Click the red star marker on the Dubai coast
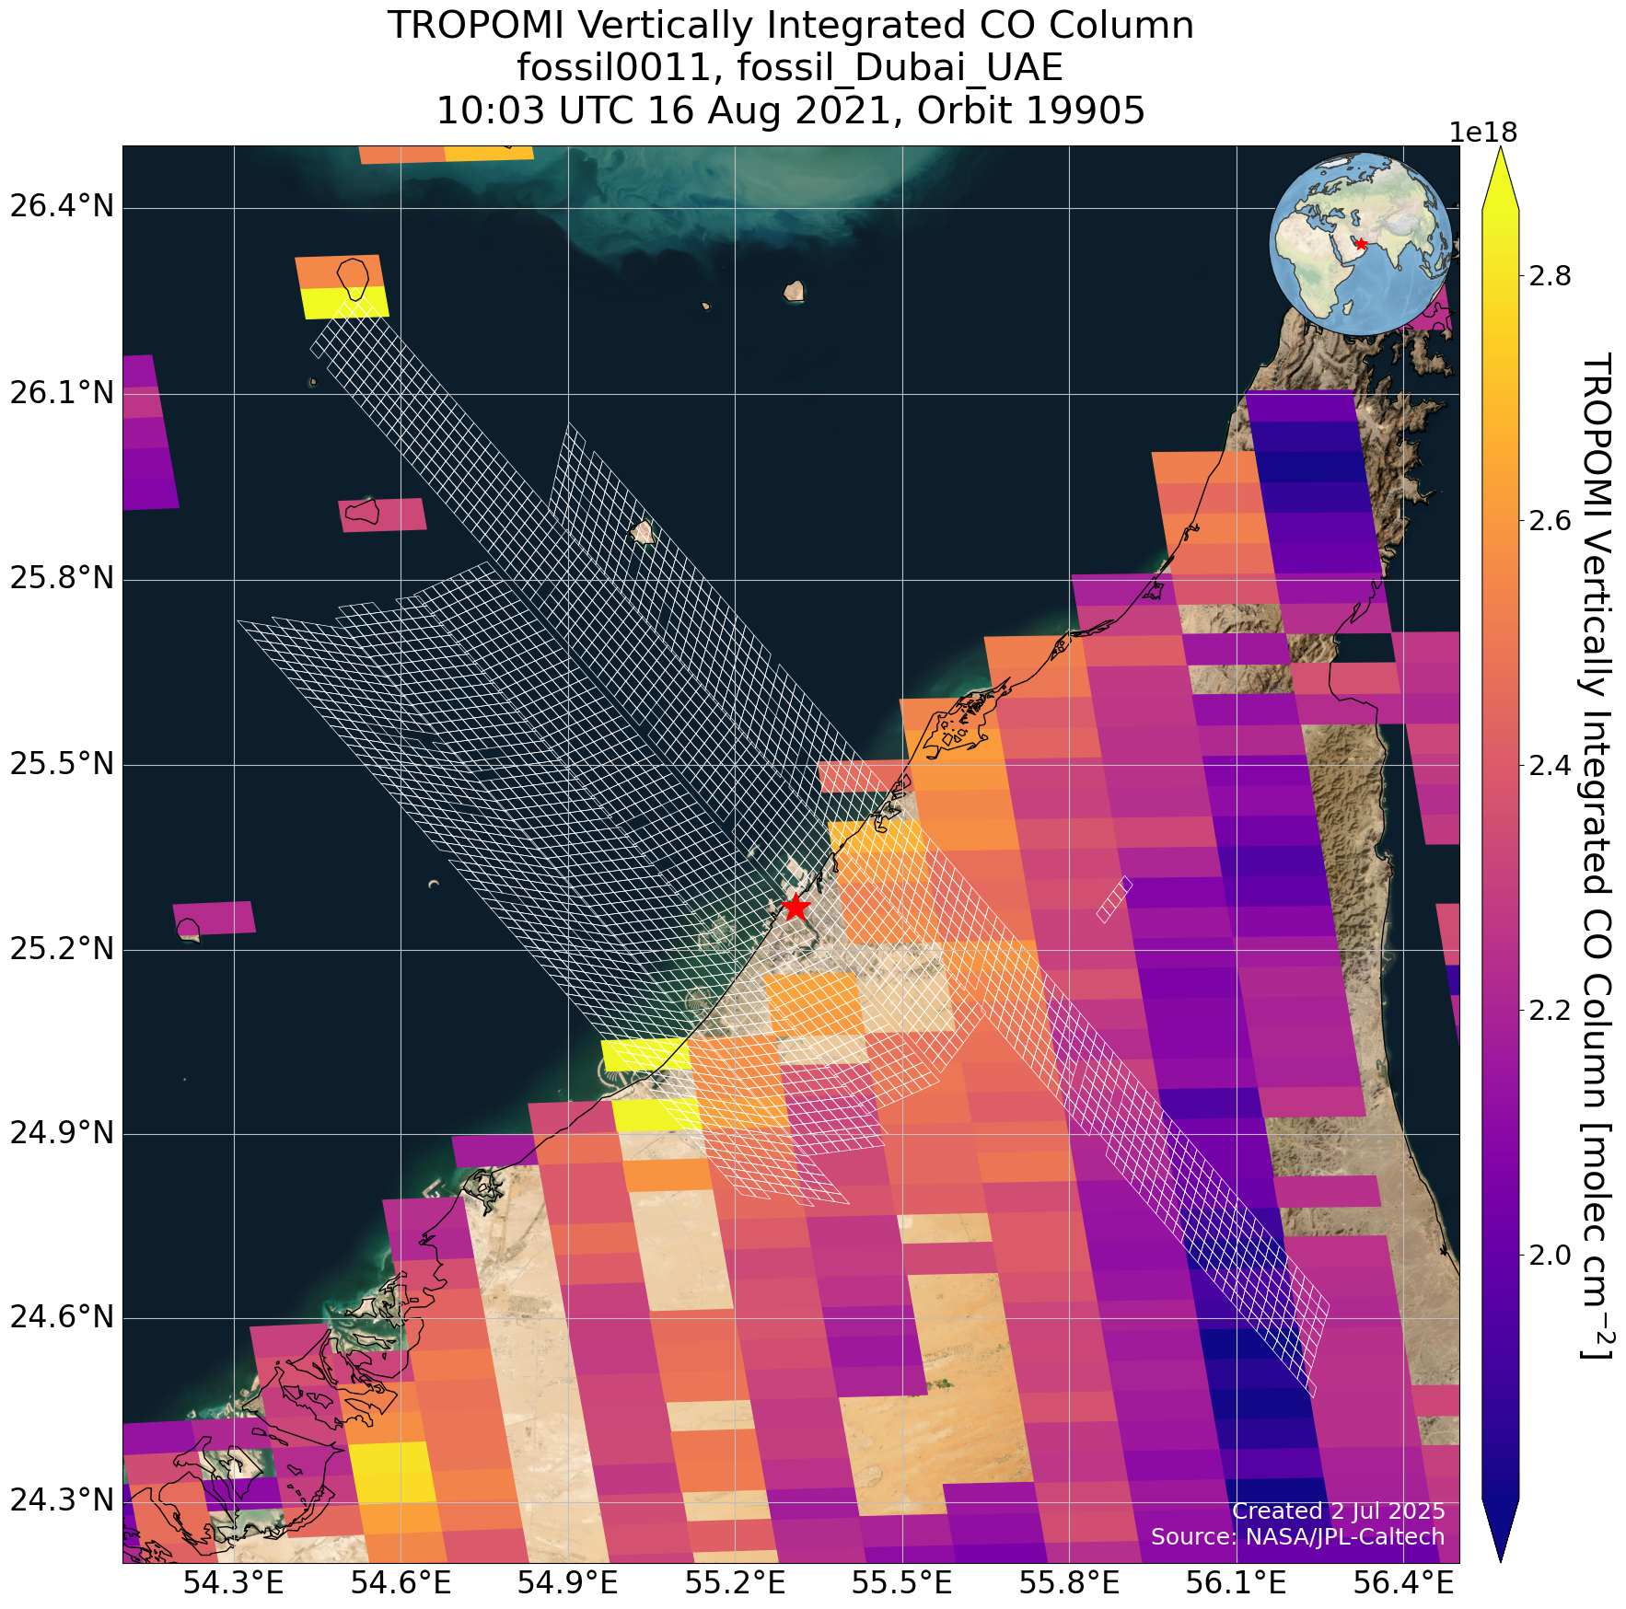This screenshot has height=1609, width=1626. (x=796, y=907)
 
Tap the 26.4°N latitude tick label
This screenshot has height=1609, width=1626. (x=62, y=205)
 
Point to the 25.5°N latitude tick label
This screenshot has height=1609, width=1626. (x=62, y=764)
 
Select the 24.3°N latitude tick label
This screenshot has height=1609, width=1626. (x=62, y=1501)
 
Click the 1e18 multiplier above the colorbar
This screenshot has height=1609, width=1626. (x=1483, y=133)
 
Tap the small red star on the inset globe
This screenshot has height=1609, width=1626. (x=1361, y=243)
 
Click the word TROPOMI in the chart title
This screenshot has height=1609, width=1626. (x=471, y=25)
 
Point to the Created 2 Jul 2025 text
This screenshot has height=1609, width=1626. (x=1338, y=1511)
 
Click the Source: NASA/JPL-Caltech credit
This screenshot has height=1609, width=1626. (x=1297, y=1536)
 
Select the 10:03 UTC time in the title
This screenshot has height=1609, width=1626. (x=535, y=110)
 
